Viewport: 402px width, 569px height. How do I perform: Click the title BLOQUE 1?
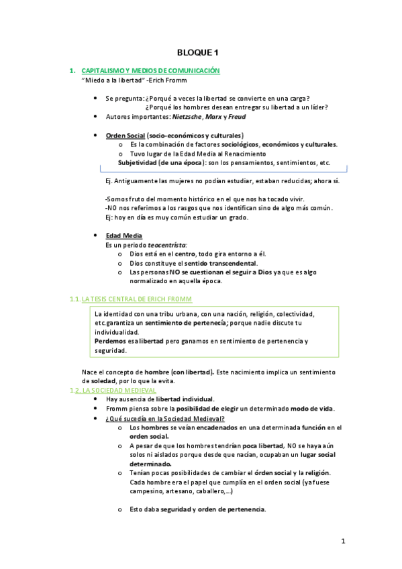click(x=198, y=52)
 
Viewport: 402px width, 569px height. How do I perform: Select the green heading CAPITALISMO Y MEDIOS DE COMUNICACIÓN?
click(x=150, y=70)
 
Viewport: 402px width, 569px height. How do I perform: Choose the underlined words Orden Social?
click(x=125, y=135)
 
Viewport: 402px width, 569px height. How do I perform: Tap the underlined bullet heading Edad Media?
click(x=123, y=236)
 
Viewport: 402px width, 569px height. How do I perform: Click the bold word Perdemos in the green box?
click(x=109, y=342)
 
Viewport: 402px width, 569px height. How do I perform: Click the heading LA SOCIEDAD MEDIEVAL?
click(x=118, y=390)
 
